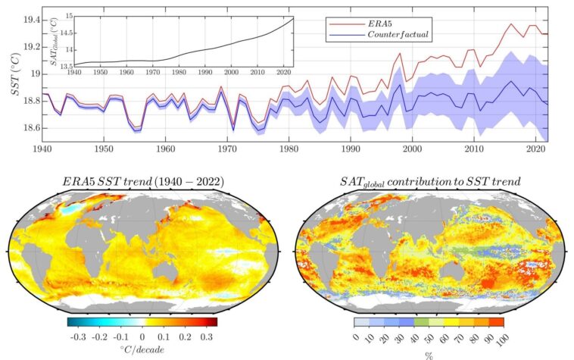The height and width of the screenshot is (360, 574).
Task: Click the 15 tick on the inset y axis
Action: [x=69, y=15]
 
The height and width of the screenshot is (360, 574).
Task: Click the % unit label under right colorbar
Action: [x=429, y=354]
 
